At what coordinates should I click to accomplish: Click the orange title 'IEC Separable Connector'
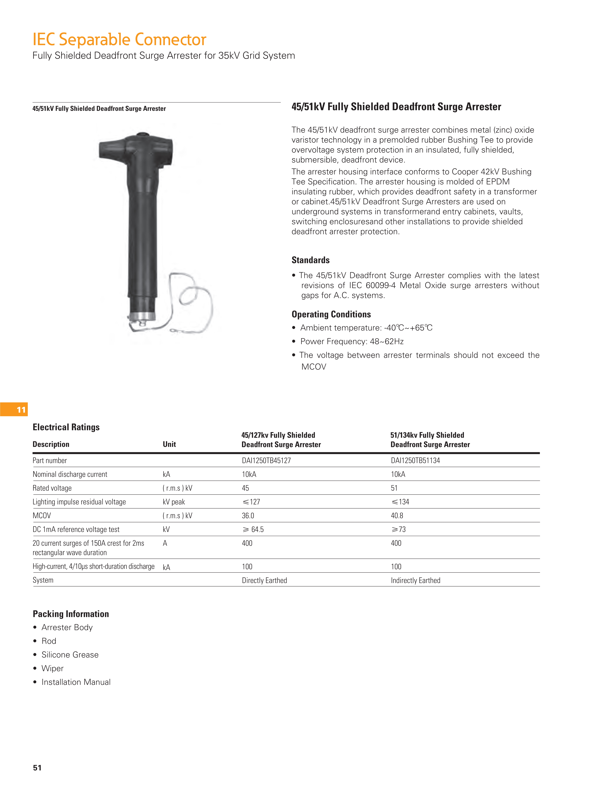click(x=119, y=40)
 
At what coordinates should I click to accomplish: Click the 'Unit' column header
click(x=169, y=444)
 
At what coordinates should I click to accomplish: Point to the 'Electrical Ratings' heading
click(x=66, y=427)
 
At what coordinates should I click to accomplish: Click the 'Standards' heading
click(x=310, y=260)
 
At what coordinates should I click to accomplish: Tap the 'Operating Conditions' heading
click(x=331, y=314)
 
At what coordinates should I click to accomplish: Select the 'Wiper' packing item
click(x=53, y=668)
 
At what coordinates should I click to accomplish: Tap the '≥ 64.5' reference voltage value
click(x=253, y=529)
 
